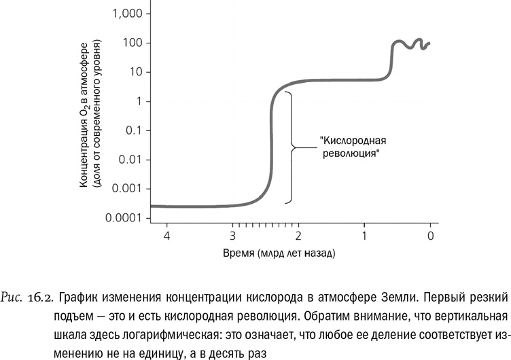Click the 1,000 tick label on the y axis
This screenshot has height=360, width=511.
coord(126,14)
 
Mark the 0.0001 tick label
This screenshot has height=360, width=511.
coord(124,218)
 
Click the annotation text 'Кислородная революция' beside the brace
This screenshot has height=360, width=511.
coord(352,147)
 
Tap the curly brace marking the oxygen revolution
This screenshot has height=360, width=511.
coord(293,147)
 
